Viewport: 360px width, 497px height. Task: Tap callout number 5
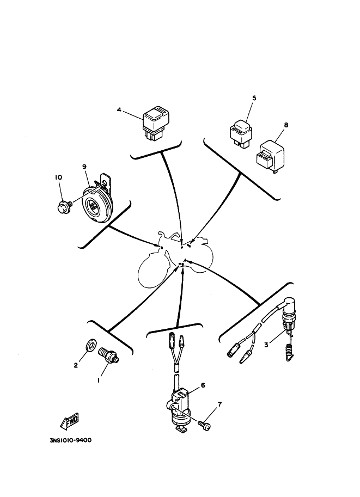pyautogui.click(x=254, y=98)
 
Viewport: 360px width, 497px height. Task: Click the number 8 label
pyautogui.click(x=286, y=124)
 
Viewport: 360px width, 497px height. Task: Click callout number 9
pyautogui.click(x=84, y=167)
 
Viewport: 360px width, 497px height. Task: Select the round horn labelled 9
pyautogui.click(x=96, y=203)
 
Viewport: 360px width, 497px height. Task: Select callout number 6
pyautogui.click(x=203, y=385)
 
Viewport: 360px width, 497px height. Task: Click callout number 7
pyautogui.click(x=219, y=404)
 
